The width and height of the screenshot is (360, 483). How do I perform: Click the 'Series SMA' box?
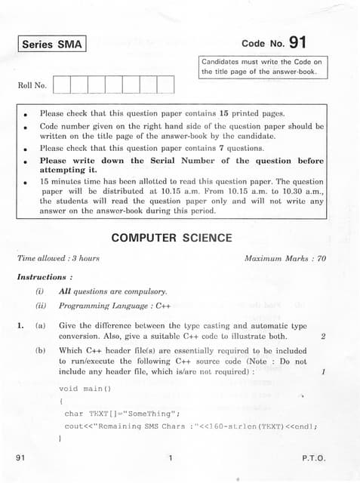coord(52,45)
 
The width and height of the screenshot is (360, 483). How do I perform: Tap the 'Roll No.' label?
coord(32,85)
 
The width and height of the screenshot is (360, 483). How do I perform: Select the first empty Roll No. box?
coord(61,85)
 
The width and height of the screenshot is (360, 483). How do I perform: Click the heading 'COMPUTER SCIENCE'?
coord(171,238)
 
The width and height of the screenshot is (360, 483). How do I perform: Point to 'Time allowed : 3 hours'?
coord(58,258)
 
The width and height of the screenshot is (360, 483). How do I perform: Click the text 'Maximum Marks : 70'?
coord(285,258)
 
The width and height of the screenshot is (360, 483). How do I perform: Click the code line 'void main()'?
coord(85,389)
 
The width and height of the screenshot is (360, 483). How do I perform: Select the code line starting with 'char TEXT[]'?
coord(122,413)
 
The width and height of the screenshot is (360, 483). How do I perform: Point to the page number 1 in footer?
coord(171,458)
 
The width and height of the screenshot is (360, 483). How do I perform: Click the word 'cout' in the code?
coord(74,426)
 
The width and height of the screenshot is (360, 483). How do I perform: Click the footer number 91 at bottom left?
coord(20,458)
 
